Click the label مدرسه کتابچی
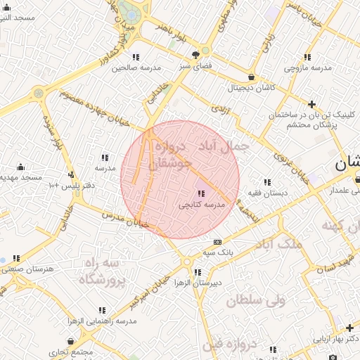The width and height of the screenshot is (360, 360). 201,205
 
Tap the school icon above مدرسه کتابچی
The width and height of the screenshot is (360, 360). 202,193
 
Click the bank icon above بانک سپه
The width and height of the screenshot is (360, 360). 217,242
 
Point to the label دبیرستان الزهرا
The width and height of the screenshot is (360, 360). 198,283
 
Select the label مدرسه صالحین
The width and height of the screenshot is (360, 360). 131,67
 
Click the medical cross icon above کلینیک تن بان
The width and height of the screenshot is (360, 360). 311,104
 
